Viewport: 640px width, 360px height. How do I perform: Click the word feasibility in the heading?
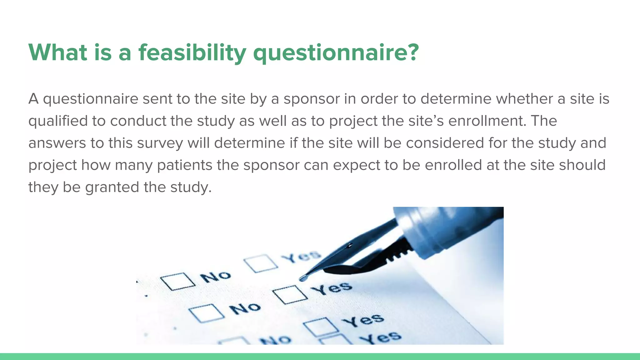(192, 52)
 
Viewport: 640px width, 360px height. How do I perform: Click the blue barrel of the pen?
(450, 231)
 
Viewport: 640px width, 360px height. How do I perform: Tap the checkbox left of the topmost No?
(178, 281)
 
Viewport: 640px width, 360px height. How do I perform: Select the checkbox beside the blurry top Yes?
(261, 263)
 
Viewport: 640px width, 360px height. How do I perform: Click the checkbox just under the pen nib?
(289, 294)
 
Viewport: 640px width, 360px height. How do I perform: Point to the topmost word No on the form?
(216, 277)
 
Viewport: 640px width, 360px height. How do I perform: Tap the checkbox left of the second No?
(206, 313)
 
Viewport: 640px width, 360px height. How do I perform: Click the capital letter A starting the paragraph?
(33, 99)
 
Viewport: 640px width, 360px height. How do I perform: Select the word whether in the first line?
(524, 99)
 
